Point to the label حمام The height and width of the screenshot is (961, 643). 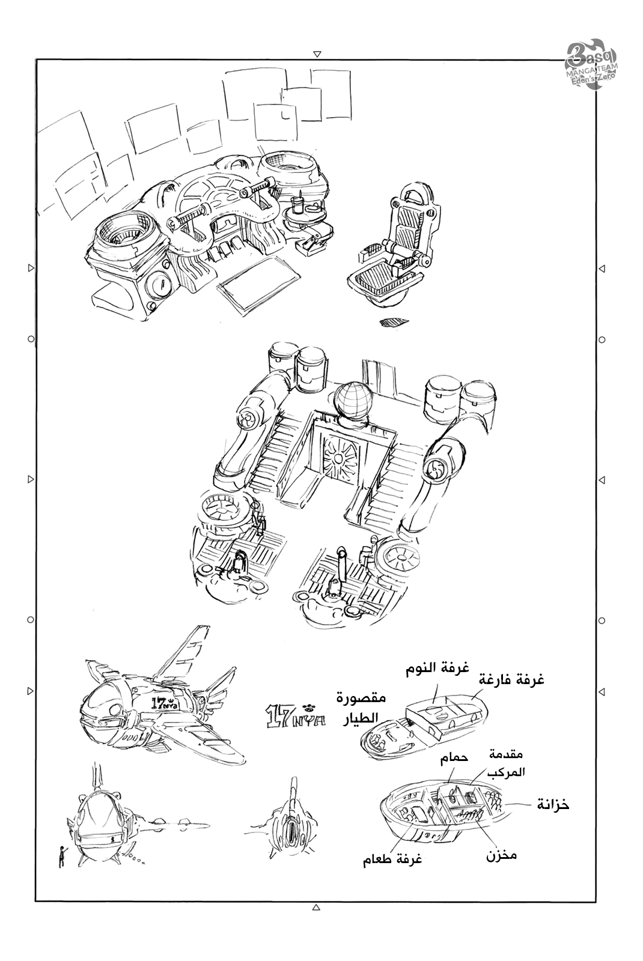(454, 759)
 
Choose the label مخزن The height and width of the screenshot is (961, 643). (501, 855)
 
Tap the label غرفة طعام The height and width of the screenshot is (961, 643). (392, 859)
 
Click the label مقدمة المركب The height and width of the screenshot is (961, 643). (508, 763)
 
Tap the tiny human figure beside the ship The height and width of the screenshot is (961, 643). (61, 855)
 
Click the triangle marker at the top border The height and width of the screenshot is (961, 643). (317, 54)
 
